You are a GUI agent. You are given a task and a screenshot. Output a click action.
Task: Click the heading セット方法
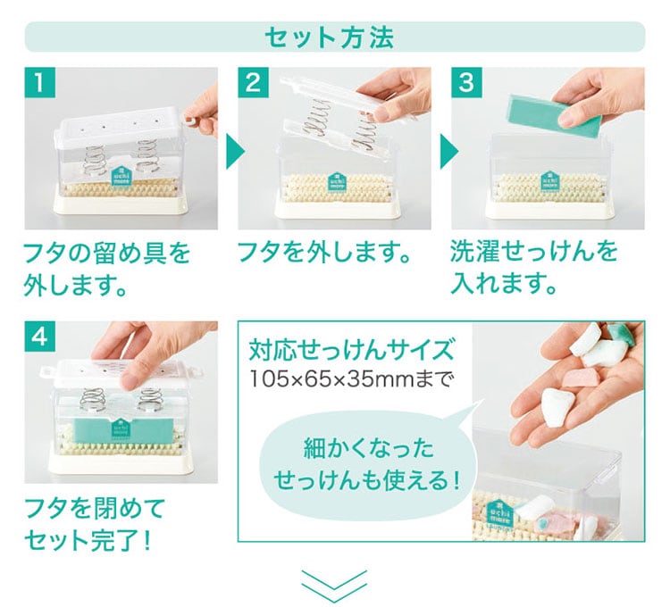pyautogui.click(x=329, y=37)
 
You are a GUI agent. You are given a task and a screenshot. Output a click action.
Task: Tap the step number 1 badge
pyautogui.click(x=39, y=82)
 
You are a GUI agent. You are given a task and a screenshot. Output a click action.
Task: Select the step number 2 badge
pyautogui.click(x=254, y=82)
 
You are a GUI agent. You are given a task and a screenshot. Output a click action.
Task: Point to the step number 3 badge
pyautogui.click(x=466, y=82)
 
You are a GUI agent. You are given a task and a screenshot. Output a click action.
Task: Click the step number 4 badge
pyautogui.click(x=39, y=337)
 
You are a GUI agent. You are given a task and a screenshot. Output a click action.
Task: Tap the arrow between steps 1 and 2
pyautogui.click(x=234, y=151)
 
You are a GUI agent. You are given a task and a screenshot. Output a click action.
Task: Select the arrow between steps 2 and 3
pyautogui.click(x=448, y=151)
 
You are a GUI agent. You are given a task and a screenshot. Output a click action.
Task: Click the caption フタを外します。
pyautogui.click(x=323, y=252)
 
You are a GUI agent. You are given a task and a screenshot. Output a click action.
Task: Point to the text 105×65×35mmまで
pyautogui.click(x=349, y=378)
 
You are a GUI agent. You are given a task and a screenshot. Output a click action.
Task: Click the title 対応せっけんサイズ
pyautogui.click(x=351, y=350)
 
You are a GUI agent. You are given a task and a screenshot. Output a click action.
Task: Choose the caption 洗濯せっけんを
pyautogui.click(x=534, y=252)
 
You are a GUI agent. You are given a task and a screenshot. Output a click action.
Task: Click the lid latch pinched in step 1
pyautogui.click(x=191, y=120)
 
